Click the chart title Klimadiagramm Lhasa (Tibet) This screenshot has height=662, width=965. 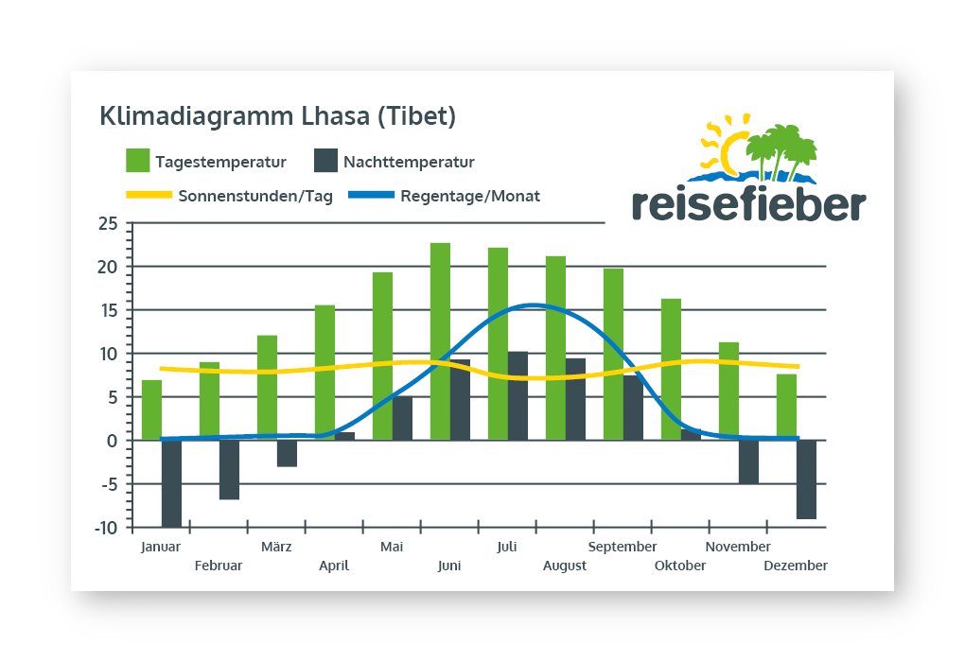[277, 116]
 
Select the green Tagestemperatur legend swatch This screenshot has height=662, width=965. [138, 161]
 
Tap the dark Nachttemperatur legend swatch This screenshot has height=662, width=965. [325, 161]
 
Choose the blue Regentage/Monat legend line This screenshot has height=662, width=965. [370, 196]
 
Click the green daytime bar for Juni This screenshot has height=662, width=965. [440, 340]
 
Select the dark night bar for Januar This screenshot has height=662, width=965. [171, 483]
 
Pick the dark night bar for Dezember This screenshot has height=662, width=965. [806, 479]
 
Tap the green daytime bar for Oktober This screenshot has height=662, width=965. [671, 369]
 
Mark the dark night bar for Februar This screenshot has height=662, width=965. [229, 469]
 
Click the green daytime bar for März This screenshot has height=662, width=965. [267, 388]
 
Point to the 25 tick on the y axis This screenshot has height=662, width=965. [108, 224]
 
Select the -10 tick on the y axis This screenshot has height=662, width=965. [106, 528]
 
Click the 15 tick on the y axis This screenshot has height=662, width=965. [109, 310]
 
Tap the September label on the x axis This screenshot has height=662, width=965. [623, 547]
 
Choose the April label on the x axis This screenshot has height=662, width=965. [334, 566]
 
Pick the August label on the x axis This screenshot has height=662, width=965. [565, 566]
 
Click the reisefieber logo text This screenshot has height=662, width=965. [747, 202]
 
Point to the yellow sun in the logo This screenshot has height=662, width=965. [730, 149]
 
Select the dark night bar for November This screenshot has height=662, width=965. [748, 462]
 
